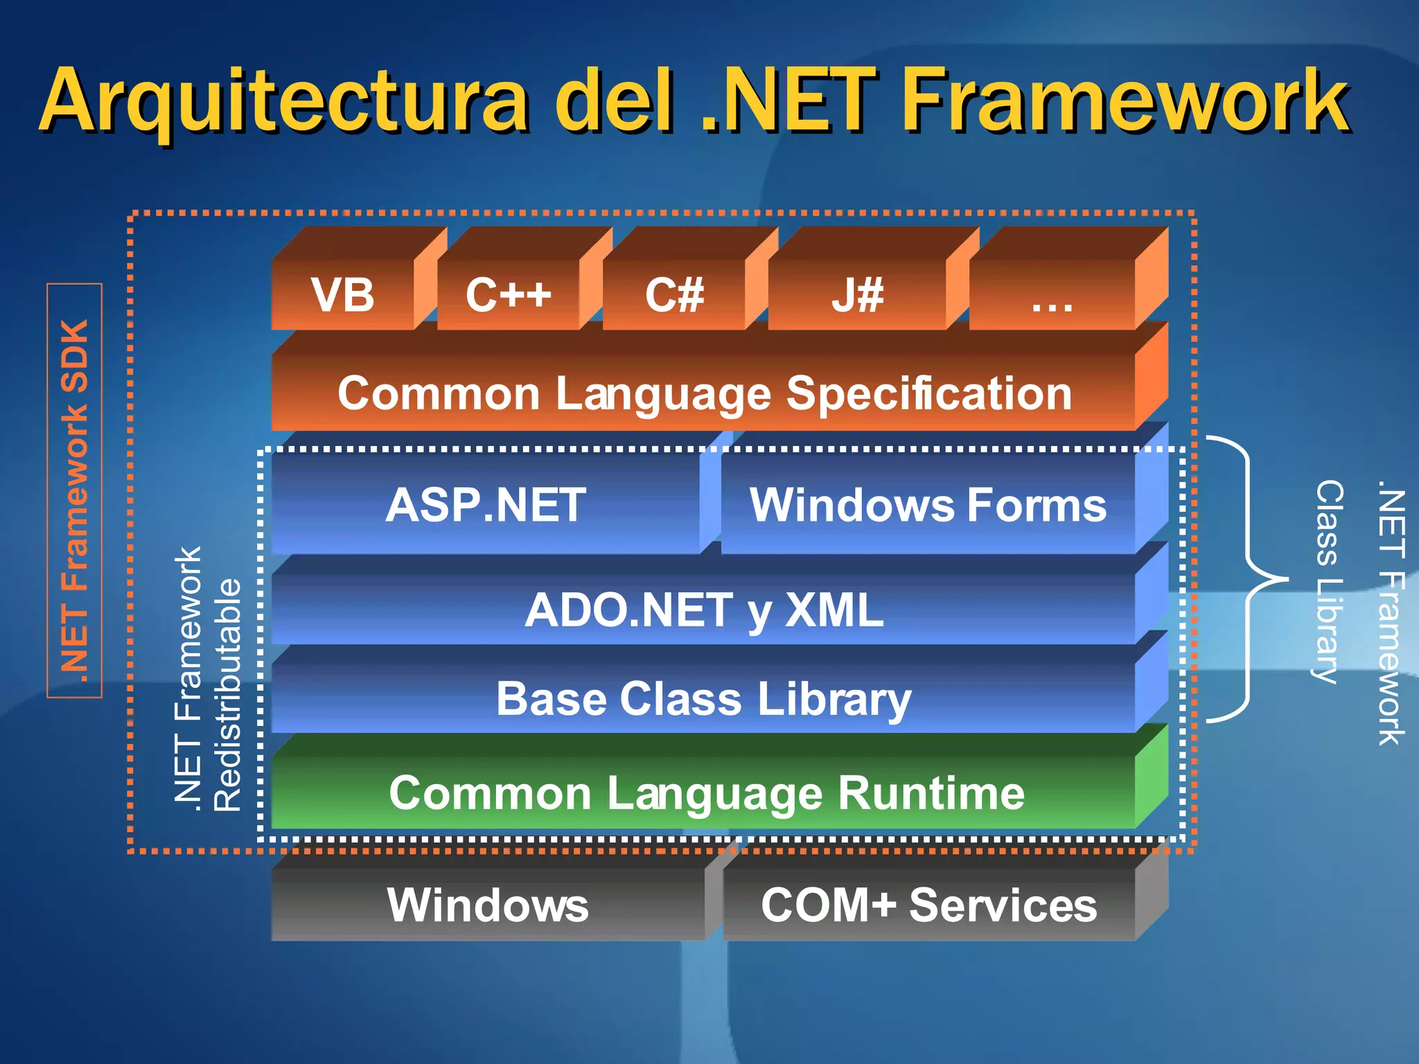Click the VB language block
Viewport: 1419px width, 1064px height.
344,294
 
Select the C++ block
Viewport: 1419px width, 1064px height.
509,294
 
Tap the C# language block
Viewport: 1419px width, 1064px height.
674,294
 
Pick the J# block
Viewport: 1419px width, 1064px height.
857,294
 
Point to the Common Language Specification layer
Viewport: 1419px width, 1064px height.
704,393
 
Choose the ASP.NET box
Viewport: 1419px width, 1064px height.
486,504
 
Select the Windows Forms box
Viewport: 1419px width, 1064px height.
928,504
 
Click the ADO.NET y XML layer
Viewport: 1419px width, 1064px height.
704,610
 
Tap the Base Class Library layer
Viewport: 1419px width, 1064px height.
704,698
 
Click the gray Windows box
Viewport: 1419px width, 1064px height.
488,905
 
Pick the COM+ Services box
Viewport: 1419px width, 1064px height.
928,905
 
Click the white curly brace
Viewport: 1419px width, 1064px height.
1247,579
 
